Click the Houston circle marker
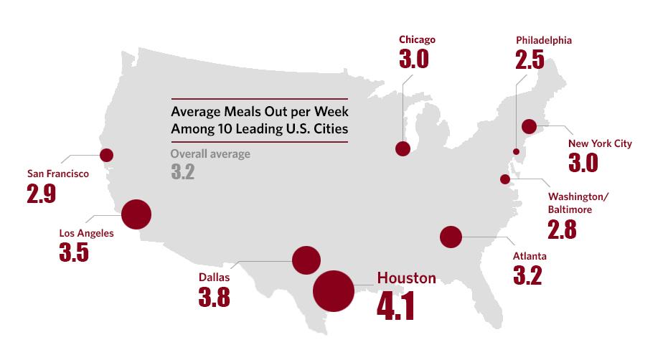tap(334, 290)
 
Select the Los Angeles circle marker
tap(136, 214)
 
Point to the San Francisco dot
tap(107, 155)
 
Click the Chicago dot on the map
tap(403, 148)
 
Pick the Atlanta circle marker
tap(451, 237)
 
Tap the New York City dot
tap(530, 127)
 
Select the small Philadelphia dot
tap(516, 151)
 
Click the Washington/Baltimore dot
tap(505, 179)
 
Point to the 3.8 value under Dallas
tap(214, 296)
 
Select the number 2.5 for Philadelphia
tap(531, 59)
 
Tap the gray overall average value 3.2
tap(183, 172)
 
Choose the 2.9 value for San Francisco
tap(42, 193)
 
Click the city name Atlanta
tap(530, 256)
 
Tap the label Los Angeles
tap(86, 232)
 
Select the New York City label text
tap(600, 143)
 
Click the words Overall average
tap(210, 153)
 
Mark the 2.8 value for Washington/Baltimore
tap(562, 229)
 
